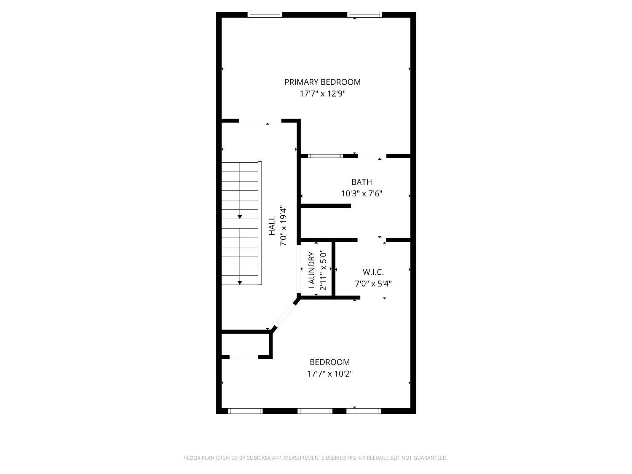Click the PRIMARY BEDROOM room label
[x=322, y=82]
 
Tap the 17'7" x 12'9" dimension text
[x=322, y=94]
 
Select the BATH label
[x=362, y=182]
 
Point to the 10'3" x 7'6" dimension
[x=362, y=194]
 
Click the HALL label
[x=272, y=225]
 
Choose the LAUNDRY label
[x=311, y=270]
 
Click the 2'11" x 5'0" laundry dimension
[x=323, y=271]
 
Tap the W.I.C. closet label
[x=373, y=272]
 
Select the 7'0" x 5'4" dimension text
[x=373, y=284]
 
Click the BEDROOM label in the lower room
[x=329, y=362]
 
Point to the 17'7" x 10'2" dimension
[x=329, y=374]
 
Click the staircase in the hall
[x=241, y=223]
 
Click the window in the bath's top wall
[x=325, y=156]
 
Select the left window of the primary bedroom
[x=265, y=15]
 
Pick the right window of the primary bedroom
[x=364, y=15]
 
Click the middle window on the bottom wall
[x=315, y=411]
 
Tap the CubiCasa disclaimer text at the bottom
[x=316, y=458]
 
